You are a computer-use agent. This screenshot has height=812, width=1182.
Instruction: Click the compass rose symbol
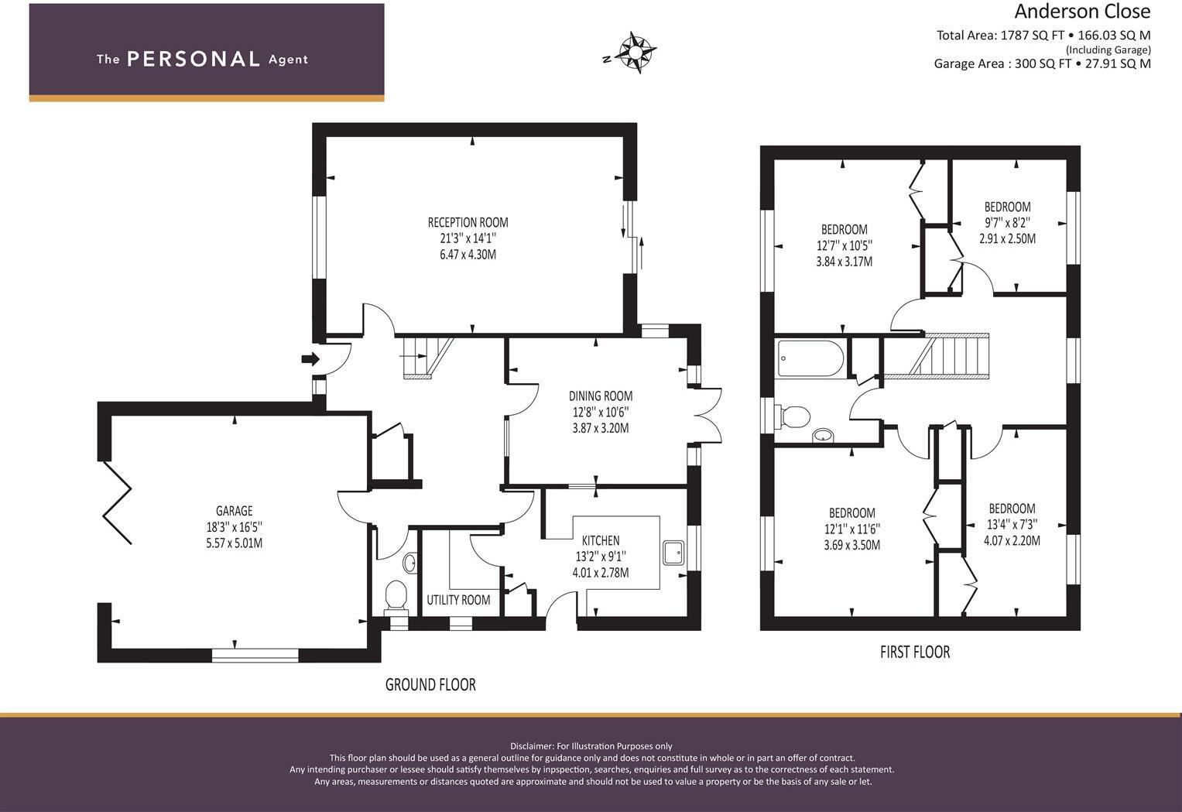point(637,53)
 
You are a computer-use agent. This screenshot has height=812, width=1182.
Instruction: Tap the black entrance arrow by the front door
point(310,359)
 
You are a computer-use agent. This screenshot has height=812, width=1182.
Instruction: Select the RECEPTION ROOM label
point(468,223)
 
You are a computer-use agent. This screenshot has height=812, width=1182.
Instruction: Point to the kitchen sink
point(673,552)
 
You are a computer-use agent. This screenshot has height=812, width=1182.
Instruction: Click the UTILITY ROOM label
point(458,600)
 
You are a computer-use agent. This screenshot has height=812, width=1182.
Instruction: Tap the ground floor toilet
point(396,595)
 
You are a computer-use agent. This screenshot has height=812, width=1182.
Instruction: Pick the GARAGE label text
point(234,511)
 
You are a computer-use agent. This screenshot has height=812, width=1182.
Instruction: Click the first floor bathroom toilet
point(793,416)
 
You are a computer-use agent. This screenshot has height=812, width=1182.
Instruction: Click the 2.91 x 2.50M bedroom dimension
point(1007,239)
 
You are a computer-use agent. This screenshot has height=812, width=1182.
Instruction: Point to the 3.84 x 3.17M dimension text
point(844,262)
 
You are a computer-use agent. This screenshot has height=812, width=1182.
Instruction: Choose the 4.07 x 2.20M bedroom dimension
point(1012,541)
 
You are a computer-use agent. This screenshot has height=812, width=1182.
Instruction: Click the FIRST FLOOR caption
point(914,652)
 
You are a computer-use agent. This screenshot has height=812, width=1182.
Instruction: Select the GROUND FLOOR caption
point(430,684)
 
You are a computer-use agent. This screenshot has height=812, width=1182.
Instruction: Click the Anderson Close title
point(1082,12)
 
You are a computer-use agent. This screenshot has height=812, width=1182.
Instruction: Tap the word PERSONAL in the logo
point(193,60)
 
